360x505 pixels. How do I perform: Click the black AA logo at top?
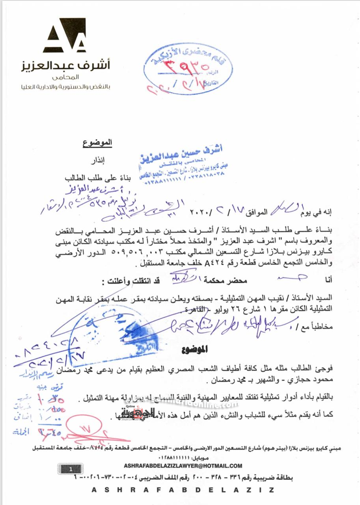64,35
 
